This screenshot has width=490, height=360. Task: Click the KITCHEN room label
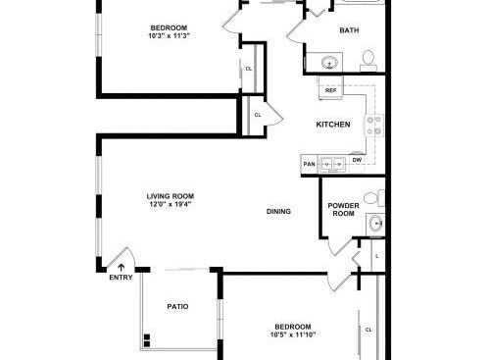pos(333,125)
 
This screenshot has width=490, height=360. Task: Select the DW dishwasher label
pos(357,160)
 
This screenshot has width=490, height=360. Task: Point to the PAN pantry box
pos(309,164)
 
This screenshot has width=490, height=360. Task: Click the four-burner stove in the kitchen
pos(374,126)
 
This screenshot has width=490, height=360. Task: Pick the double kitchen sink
pos(333,164)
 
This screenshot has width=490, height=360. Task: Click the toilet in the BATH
pos(368,61)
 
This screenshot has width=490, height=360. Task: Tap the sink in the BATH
pos(329,63)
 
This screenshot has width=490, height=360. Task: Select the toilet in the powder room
pos(374,198)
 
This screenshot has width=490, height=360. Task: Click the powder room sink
pos(375,224)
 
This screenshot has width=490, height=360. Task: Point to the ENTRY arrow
pos(122,268)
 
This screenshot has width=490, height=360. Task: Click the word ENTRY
pos(121,278)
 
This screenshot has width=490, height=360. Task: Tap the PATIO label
pos(177,306)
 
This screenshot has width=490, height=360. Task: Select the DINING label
pos(278,211)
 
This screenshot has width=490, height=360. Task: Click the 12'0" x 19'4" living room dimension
pos(171,204)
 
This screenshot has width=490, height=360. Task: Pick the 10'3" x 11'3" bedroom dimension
pos(169,35)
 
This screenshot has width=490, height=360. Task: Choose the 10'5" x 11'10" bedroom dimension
pos(293,334)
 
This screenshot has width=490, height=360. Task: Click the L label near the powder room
pos(377,257)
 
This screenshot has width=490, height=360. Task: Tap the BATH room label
pos(349,30)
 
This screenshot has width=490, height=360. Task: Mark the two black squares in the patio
pos(147,340)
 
